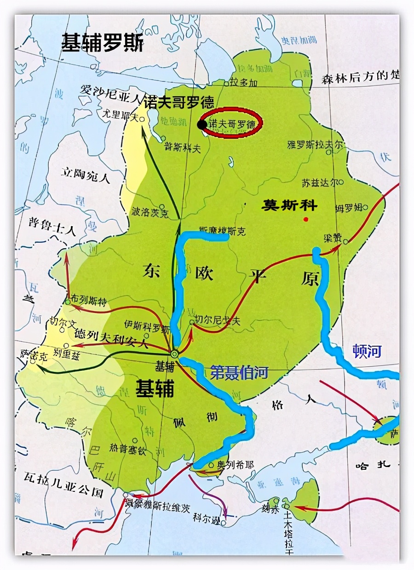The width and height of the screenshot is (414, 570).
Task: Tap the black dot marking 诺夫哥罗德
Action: click(x=201, y=124)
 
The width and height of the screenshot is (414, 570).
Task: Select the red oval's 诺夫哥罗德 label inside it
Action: click(x=232, y=124)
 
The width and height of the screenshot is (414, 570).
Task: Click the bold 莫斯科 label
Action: click(x=289, y=205)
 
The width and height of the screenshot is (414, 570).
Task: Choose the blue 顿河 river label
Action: click(x=368, y=351)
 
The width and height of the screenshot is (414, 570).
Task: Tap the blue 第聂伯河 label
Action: click(x=239, y=372)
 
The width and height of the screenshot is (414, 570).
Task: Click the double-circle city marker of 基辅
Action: click(x=175, y=354)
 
